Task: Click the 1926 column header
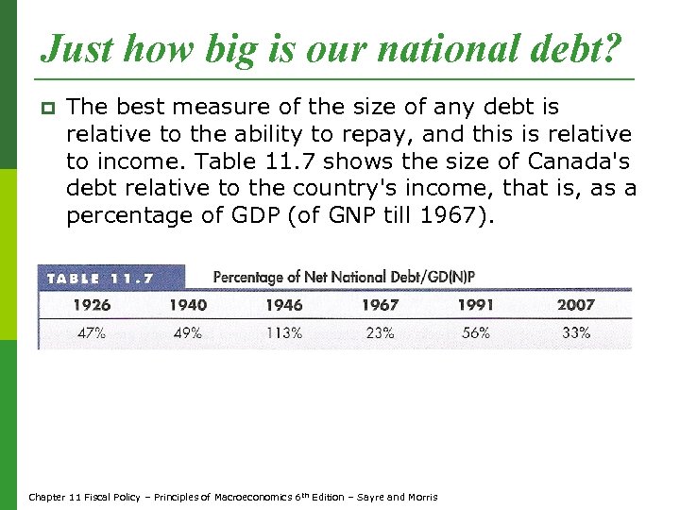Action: click(91, 305)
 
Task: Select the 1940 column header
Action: click(187, 305)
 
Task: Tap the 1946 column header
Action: click(283, 305)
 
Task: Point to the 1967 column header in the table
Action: click(380, 305)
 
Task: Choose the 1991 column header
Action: click(475, 305)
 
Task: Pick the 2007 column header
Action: click(575, 305)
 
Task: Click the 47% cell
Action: click(91, 332)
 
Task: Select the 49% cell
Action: click(187, 332)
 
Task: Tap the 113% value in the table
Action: click(283, 332)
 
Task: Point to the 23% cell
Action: click(380, 332)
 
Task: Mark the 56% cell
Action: click(475, 332)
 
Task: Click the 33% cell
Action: click(575, 332)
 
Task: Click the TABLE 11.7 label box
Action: click(100, 279)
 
